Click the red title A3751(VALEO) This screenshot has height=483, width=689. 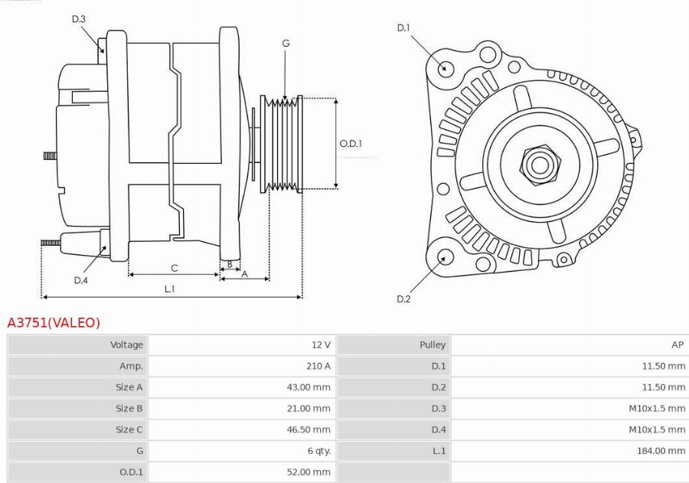54,323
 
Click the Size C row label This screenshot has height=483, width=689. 129,429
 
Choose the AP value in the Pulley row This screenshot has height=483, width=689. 677,345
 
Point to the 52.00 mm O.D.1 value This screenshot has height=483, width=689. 309,472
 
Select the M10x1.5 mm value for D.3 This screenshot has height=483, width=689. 656,408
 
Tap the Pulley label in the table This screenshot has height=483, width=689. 433,345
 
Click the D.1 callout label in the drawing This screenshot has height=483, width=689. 403,28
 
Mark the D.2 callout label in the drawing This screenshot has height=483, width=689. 403,299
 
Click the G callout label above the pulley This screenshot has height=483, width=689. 286,44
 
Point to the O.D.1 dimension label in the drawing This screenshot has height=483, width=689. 350,143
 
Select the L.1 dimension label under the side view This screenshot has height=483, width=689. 169,289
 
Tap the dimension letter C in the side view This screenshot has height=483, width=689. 174,267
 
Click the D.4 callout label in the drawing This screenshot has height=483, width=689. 80,280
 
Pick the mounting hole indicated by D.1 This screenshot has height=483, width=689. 443,67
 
